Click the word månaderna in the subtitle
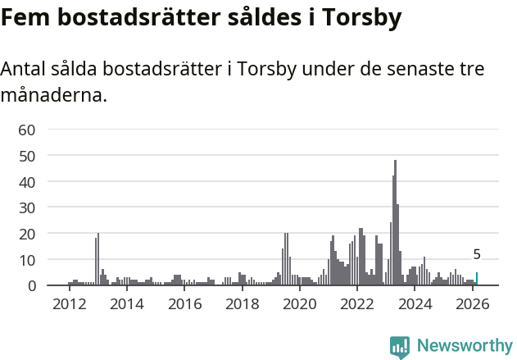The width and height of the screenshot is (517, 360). click(x=54, y=95)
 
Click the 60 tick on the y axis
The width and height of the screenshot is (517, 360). click(x=27, y=130)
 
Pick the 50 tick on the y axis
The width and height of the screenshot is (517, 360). click(x=27, y=156)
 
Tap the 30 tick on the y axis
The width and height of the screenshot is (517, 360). click(x=27, y=207)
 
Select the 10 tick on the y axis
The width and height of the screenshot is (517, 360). click(x=27, y=260)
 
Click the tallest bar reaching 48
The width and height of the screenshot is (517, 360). click(x=395, y=223)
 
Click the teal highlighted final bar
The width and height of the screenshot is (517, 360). click(x=477, y=279)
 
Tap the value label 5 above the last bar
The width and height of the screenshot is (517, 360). click(x=477, y=255)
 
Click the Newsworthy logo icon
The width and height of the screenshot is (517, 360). click(x=400, y=347)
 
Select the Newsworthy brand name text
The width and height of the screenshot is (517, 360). click(x=464, y=346)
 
